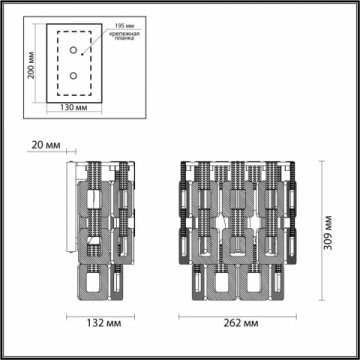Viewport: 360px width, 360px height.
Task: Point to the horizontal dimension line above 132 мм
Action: [100, 313]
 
